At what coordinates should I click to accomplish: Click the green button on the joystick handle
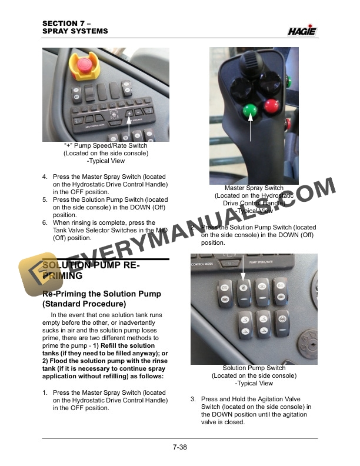tap(251, 110)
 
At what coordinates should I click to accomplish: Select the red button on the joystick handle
tap(271, 106)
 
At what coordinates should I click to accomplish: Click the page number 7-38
tap(180, 447)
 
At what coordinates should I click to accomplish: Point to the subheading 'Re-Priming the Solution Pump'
tap(101, 294)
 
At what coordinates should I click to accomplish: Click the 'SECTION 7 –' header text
tap(65, 23)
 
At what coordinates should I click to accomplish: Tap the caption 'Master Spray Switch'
tap(254, 188)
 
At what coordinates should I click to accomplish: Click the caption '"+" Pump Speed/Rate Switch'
tap(106, 145)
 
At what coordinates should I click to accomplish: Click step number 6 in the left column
tap(45, 223)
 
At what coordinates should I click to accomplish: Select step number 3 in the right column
tap(193, 400)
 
